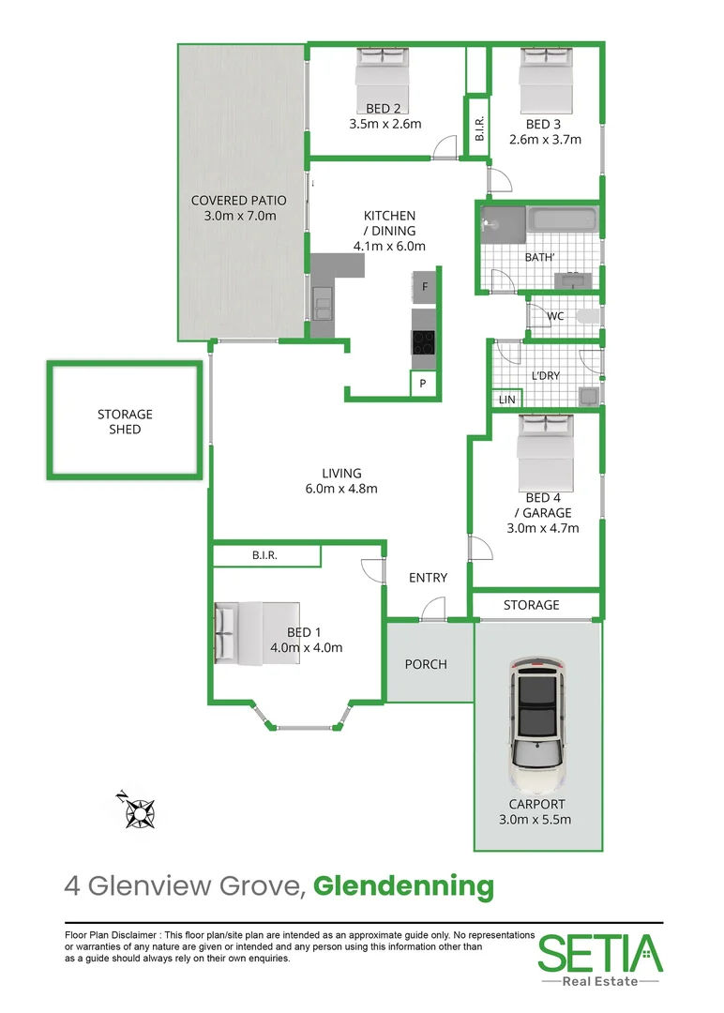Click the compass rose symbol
pyautogui.click(x=140, y=810)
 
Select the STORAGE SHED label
pyautogui.click(x=125, y=422)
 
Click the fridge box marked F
pyautogui.click(x=425, y=287)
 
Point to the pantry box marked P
pyautogui.click(x=423, y=384)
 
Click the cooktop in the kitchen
pyautogui.click(x=424, y=342)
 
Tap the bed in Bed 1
pyautogui.click(x=255, y=633)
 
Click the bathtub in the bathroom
pyautogui.click(x=561, y=221)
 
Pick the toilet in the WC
pyautogui.click(x=587, y=316)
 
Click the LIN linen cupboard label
pyautogui.click(x=507, y=400)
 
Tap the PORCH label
pyautogui.click(x=426, y=664)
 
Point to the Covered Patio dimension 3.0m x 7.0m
pyautogui.click(x=239, y=216)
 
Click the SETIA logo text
pyautogui.click(x=599, y=954)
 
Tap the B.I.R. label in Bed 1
pyautogui.click(x=265, y=556)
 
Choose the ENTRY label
pyautogui.click(x=428, y=578)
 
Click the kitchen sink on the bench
pyautogui.click(x=322, y=304)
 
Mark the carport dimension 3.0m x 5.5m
pyautogui.click(x=536, y=819)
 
